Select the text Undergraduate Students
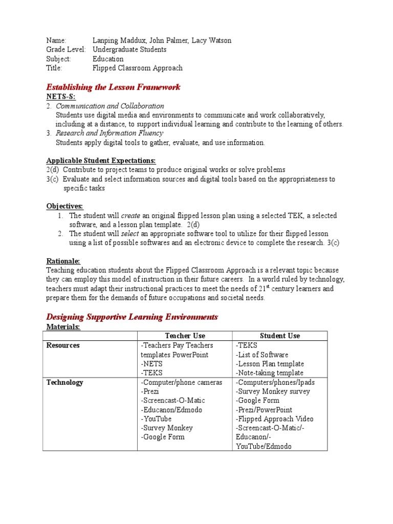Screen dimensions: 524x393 (129, 50)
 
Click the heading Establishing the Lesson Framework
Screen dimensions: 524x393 (113, 87)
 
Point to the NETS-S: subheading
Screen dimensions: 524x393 (57, 97)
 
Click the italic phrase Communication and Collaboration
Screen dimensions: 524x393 (110, 106)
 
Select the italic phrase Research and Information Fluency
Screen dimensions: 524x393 (109, 134)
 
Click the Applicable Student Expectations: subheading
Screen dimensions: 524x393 (101, 161)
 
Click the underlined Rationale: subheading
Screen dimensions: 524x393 (63, 261)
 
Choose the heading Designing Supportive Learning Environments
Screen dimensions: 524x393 (132, 317)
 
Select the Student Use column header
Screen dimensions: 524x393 (280, 336)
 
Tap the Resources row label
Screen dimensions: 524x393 (63, 345)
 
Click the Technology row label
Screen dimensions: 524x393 (64, 382)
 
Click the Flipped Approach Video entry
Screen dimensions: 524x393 (274, 419)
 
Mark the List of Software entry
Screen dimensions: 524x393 (261, 355)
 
